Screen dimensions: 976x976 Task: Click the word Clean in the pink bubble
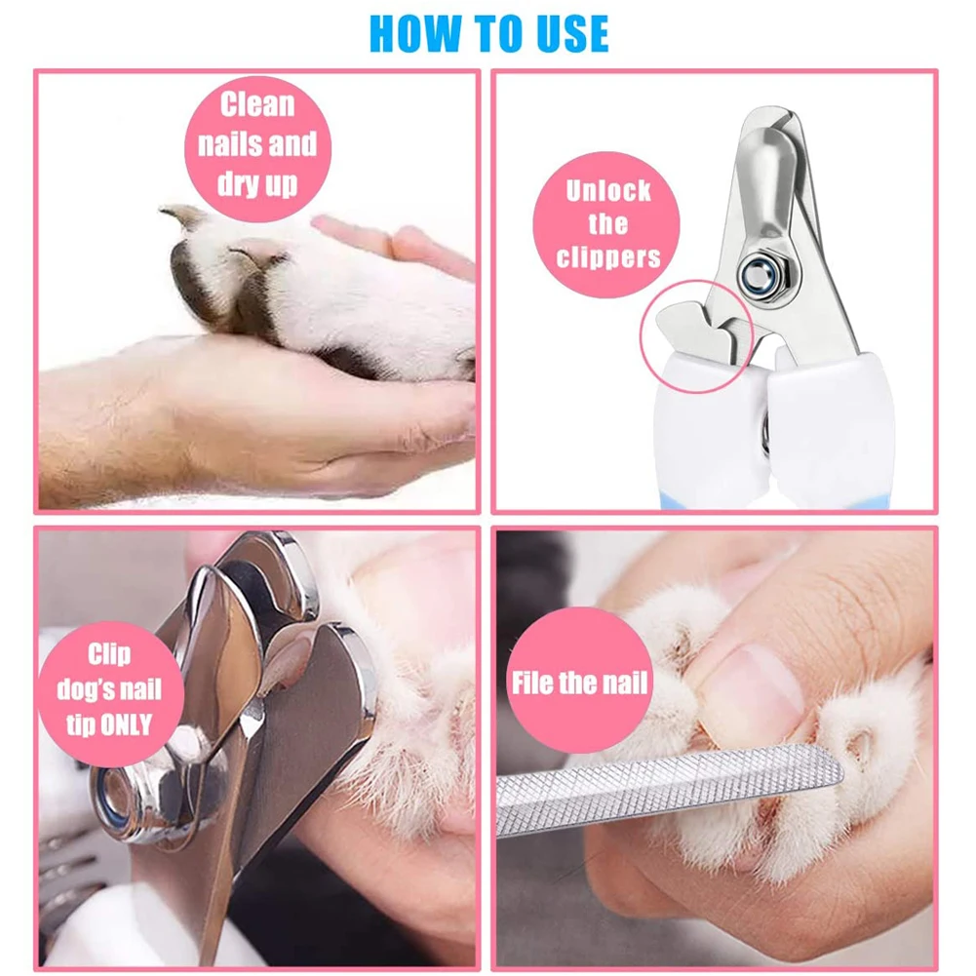pos(256,104)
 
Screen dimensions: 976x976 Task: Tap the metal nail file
pos(673,784)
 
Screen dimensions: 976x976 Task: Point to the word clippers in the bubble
pos(607,257)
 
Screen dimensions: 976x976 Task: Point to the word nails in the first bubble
pos(230,144)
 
